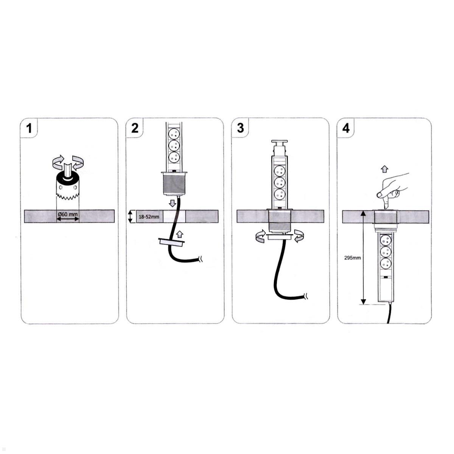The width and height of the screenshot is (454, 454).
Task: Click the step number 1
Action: click(x=29, y=129)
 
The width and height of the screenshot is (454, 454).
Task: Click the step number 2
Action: click(x=135, y=128)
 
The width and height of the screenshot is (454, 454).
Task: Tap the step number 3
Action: click(x=240, y=128)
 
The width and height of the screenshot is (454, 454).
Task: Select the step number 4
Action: click(x=346, y=128)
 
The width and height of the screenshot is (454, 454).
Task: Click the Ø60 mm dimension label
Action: click(x=68, y=215)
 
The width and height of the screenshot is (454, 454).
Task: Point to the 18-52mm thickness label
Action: click(x=149, y=216)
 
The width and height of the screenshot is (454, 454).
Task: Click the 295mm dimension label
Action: click(x=353, y=258)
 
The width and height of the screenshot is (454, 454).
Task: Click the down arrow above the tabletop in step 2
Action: click(x=173, y=203)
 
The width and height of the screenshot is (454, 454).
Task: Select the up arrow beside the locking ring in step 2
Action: click(x=180, y=234)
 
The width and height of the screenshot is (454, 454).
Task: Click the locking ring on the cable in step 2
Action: click(x=171, y=242)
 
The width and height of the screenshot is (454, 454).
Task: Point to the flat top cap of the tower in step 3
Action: click(x=280, y=142)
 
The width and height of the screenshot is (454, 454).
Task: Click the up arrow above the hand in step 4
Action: click(x=384, y=169)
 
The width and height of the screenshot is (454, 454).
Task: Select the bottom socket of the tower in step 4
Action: click(x=386, y=264)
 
